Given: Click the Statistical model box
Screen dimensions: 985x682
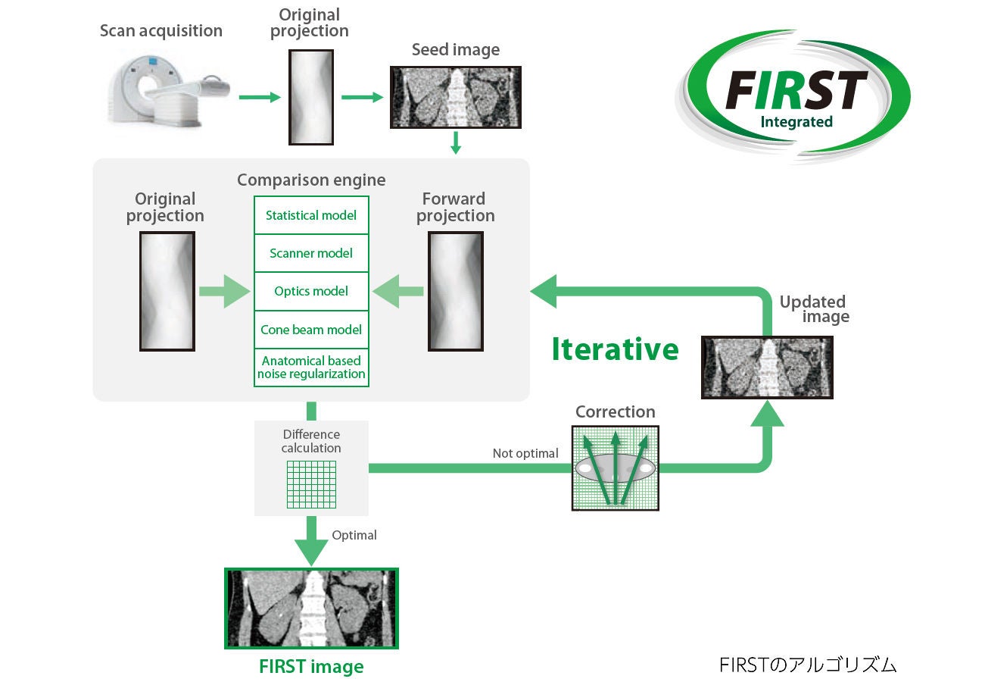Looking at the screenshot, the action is tap(311, 215).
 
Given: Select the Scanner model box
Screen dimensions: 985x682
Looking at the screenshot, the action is tap(311, 253).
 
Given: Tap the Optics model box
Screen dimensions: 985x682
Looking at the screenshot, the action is tap(311, 291).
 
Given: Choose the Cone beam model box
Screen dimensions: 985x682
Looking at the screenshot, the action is tap(311, 330).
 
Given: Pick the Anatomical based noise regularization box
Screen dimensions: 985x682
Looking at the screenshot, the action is tap(311, 368).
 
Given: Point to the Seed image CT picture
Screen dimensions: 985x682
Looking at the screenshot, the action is tap(456, 97).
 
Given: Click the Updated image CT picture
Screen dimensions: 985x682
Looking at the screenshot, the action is tap(767, 368).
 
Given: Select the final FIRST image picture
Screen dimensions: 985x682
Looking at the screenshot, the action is tap(311, 608).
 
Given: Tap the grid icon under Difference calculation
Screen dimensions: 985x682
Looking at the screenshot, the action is tap(311, 484).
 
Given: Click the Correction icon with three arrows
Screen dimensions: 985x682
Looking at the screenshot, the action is tap(616, 468).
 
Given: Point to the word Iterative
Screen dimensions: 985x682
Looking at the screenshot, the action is tap(616, 349).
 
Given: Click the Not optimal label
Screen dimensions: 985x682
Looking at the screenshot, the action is tap(525, 453).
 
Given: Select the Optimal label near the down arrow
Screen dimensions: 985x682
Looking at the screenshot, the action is tap(354, 535).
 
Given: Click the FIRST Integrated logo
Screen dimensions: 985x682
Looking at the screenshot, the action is tap(793, 96).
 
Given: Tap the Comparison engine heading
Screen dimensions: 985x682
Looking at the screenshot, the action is tap(311, 180).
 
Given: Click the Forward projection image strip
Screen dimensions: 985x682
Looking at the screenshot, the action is tap(456, 291).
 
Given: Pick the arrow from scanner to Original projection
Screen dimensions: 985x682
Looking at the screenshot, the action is tap(260, 97).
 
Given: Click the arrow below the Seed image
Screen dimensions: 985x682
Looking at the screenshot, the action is tap(456, 143).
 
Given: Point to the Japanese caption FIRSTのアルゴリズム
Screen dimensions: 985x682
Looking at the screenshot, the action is tap(807, 665).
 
